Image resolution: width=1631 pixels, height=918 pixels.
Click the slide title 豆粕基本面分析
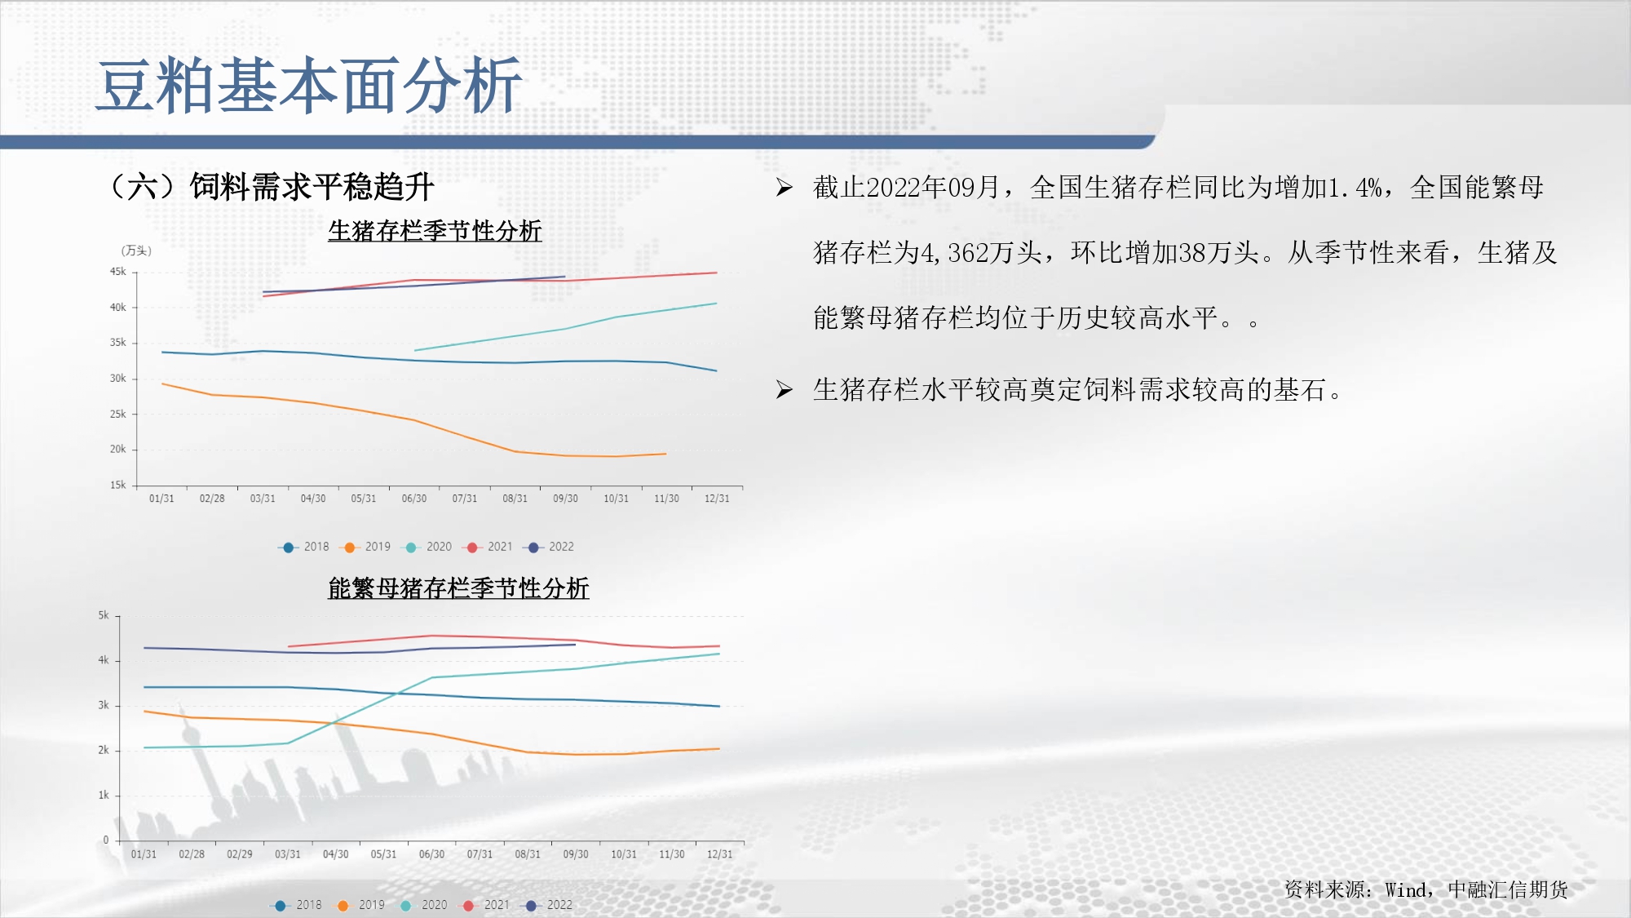309,86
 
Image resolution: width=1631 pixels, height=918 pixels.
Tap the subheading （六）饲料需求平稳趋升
271,187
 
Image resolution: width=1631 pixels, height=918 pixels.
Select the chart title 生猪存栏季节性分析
435,231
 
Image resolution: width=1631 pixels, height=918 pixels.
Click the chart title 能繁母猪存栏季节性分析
458,588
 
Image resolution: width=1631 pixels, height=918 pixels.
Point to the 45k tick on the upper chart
118,272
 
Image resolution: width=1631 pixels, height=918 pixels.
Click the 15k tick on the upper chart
118,485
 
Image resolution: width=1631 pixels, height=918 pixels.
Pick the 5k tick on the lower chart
104,615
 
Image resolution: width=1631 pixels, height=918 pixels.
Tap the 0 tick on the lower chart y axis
106,840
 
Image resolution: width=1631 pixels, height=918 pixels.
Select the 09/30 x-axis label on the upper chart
565,499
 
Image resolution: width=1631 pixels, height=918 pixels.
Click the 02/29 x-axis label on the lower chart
240,854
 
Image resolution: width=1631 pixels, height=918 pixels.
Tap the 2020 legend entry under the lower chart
424,905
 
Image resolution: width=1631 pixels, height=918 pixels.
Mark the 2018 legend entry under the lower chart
298,905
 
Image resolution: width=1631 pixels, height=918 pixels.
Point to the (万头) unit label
136,251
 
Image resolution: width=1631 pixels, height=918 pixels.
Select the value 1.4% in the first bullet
1355,188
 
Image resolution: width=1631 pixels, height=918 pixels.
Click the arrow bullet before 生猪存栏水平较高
785,389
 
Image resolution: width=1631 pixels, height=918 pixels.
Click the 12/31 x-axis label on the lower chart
719,854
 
